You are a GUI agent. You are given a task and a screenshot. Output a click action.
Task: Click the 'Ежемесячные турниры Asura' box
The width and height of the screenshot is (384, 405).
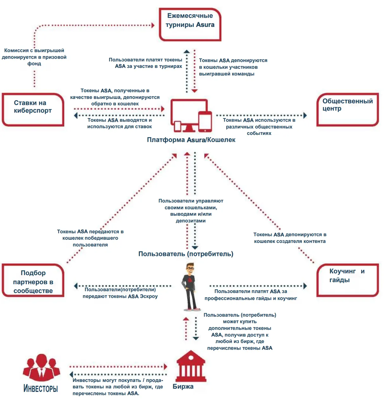[x=190, y=24]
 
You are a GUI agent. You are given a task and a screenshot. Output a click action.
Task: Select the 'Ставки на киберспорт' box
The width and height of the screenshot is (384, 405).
[x=33, y=109]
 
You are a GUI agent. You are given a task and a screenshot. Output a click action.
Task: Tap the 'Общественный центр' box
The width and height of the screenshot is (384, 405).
[x=348, y=109]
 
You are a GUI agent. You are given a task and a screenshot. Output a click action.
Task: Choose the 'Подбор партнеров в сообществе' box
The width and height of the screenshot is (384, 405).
[x=33, y=280]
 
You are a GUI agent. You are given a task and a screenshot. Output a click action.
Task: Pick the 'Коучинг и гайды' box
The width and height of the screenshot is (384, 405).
[x=348, y=280]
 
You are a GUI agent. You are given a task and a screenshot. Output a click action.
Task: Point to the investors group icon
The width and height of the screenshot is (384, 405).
[x=41, y=367]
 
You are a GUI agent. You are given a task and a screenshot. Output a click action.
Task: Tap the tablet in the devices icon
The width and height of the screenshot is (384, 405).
[x=205, y=121]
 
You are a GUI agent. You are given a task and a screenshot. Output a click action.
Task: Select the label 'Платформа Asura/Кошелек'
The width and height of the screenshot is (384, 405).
[x=191, y=140]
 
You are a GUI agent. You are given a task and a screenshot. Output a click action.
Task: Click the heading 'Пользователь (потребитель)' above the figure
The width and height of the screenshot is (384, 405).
[x=186, y=254]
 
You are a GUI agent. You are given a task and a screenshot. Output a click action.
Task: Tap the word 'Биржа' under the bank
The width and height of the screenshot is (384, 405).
[x=183, y=386]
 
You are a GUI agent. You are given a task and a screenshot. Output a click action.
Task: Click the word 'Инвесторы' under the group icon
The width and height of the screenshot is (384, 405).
[x=41, y=388]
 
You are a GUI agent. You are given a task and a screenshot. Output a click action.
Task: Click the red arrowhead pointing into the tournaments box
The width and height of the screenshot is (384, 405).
[x=153, y=25]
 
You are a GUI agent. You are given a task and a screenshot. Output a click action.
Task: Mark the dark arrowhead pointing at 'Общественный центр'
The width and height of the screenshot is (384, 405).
[x=305, y=115]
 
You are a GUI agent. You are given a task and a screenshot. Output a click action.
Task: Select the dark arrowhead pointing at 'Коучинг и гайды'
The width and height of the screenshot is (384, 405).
[x=305, y=286]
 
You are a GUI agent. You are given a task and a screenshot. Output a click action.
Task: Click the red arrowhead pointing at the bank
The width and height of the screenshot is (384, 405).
[x=165, y=366]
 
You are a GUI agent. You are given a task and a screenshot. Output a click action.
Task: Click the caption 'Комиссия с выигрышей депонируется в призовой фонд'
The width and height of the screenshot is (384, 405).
[x=34, y=57]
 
